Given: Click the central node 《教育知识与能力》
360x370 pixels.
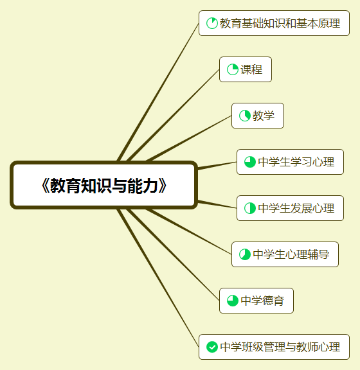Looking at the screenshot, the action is point(104,185).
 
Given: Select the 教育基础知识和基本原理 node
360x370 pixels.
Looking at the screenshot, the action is point(274,23).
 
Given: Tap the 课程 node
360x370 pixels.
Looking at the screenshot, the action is point(246,69).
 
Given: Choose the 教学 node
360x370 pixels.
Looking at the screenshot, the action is point(258,116).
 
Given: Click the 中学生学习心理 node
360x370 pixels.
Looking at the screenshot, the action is point(290,162).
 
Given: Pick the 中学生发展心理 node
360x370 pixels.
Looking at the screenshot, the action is point(290,208).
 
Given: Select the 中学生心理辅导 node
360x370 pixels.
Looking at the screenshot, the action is point(285,254).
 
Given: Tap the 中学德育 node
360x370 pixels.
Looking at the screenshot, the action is point(256,301).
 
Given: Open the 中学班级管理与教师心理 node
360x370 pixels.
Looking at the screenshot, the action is point(274,347).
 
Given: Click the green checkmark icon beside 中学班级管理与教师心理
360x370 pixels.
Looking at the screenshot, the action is point(212,347).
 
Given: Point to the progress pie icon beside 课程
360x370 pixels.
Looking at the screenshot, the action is point(233,69).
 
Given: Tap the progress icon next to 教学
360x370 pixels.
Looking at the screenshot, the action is point(245,116).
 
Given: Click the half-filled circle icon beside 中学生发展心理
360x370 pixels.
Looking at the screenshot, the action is point(250,208).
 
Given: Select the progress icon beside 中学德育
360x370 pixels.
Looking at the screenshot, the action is point(233,301).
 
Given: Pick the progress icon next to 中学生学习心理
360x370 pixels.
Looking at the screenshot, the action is point(250,162).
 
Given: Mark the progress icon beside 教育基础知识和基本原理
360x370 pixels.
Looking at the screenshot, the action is point(212,23).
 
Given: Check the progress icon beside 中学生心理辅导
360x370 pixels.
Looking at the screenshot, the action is point(245,254).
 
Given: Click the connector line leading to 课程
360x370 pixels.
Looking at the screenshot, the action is point(174,115).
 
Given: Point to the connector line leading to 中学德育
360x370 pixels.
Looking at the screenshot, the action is point(174,255).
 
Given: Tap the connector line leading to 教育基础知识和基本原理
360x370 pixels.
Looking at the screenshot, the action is point(158,92).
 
